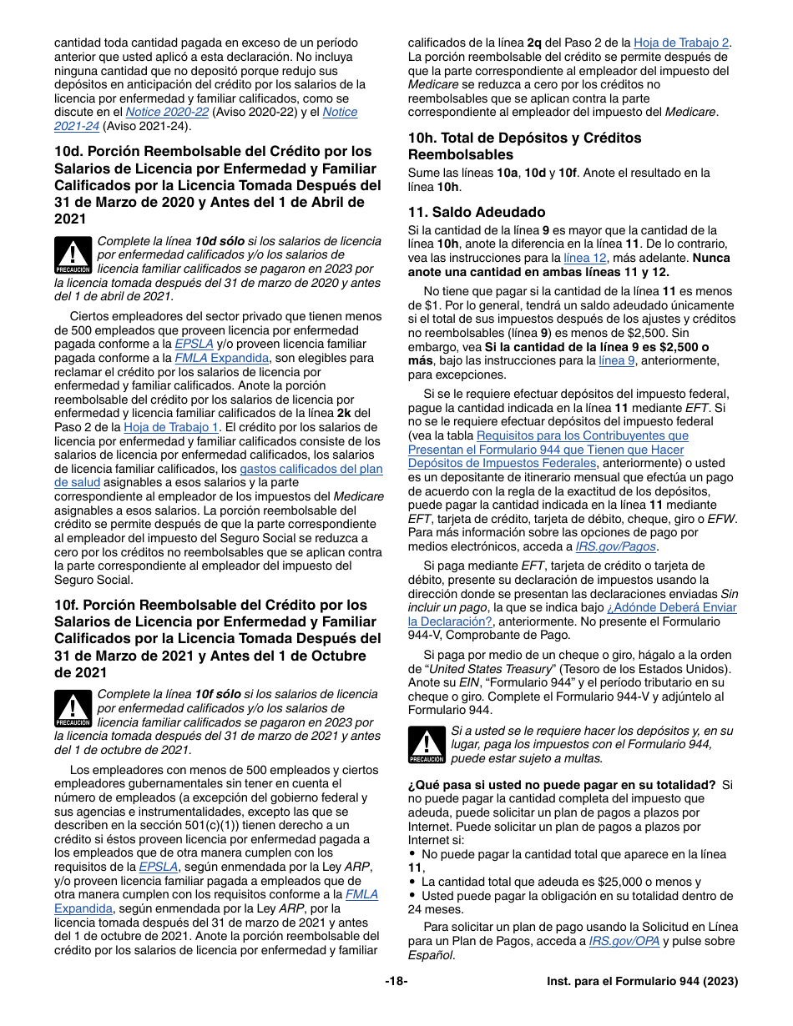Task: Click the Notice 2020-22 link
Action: tap(166, 112)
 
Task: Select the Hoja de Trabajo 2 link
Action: tap(681, 43)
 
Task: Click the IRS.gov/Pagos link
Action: tap(616, 546)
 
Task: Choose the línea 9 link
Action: tap(617, 360)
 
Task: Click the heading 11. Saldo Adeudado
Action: tap(476, 212)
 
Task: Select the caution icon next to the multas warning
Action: tap(427, 745)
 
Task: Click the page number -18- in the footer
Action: tap(396, 982)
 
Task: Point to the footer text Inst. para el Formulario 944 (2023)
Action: tap(642, 982)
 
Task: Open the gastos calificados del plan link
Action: tap(311, 469)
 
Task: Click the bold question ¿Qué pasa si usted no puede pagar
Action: tap(561, 785)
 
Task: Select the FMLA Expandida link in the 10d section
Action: tap(221, 358)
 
